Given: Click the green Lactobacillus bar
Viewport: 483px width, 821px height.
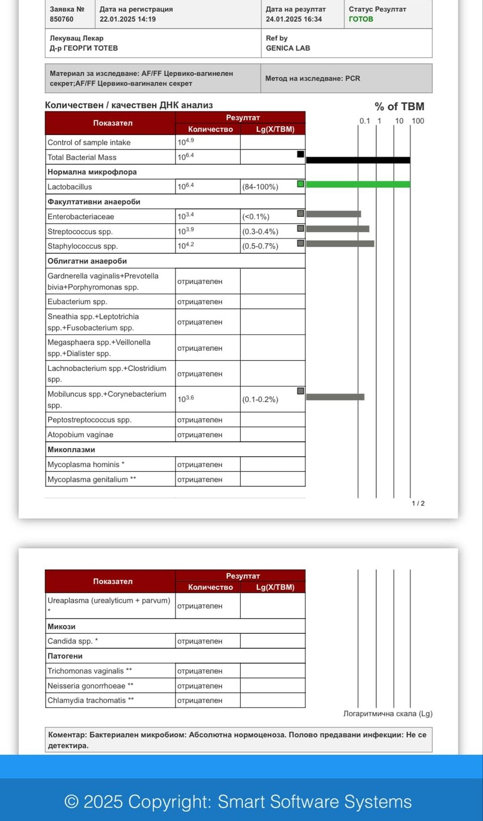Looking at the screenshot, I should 358,184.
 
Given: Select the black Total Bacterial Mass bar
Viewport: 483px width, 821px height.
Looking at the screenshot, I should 358,160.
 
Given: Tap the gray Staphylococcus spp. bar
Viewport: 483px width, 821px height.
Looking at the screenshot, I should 340,244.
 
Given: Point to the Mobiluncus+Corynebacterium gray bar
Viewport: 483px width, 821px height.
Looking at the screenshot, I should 335,397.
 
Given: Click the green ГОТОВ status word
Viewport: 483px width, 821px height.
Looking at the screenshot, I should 361,19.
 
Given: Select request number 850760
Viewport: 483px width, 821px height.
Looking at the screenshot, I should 62,19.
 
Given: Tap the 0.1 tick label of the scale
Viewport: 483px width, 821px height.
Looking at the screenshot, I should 365,121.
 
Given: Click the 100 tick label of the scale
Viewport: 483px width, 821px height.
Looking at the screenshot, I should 418,121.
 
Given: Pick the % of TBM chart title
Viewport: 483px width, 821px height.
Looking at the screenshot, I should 399,107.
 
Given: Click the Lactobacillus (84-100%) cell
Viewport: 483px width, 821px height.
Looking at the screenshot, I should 260,187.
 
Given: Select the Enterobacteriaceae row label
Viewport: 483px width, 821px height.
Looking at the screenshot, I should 81,217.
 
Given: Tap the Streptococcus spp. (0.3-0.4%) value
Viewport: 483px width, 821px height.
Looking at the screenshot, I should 260,232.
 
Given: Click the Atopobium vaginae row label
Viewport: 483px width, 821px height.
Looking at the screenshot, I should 80,435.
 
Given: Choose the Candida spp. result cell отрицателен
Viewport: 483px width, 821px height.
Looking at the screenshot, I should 200,641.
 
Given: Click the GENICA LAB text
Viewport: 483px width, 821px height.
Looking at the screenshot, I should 288,48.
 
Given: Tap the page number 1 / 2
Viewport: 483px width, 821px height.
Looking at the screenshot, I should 418,503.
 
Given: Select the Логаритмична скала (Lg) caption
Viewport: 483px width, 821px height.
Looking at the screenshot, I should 388,714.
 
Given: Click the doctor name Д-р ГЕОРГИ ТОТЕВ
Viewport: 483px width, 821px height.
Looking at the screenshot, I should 84,48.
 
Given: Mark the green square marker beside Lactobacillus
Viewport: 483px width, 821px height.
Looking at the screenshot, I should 300,184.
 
